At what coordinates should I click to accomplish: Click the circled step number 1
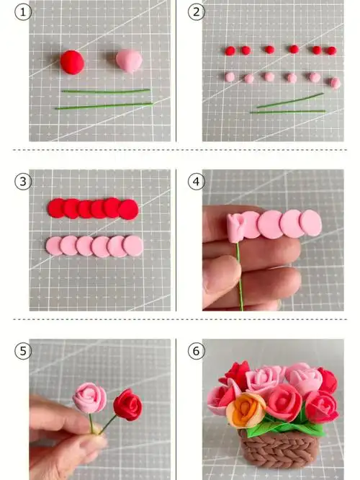click(23, 12)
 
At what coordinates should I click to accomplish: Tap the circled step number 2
click(196, 12)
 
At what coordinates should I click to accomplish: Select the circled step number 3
click(23, 182)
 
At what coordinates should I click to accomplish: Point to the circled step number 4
click(196, 182)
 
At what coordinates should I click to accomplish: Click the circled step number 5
click(23, 351)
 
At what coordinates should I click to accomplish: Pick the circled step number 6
click(196, 351)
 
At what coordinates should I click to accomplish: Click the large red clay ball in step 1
click(72, 62)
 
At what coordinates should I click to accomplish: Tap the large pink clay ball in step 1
click(129, 61)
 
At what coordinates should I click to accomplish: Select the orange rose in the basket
click(246, 410)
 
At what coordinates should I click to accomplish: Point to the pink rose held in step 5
click(89, 398)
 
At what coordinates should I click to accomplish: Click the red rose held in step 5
click(128, 404)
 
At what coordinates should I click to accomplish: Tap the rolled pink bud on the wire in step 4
click(236, 228)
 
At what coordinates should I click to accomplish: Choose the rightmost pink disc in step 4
click(310, 223)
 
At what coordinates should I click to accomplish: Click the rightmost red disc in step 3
click(128, 210)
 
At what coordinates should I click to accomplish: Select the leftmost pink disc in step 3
click(54, 246)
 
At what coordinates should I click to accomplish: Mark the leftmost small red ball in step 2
click(230, 51)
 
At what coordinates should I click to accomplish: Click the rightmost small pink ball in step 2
click(336, 83)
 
